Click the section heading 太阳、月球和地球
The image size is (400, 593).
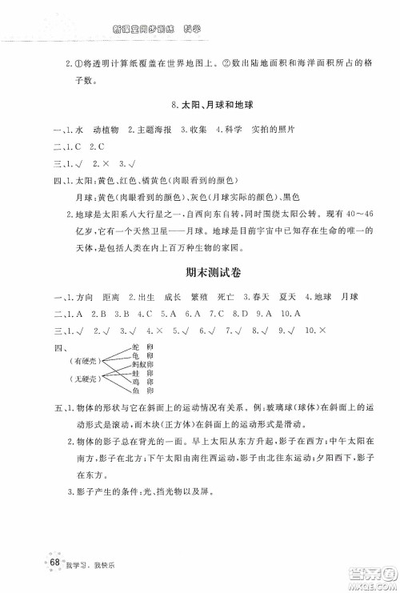click(x=217, y=106)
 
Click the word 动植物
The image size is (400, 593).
click(x=106, y=129)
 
